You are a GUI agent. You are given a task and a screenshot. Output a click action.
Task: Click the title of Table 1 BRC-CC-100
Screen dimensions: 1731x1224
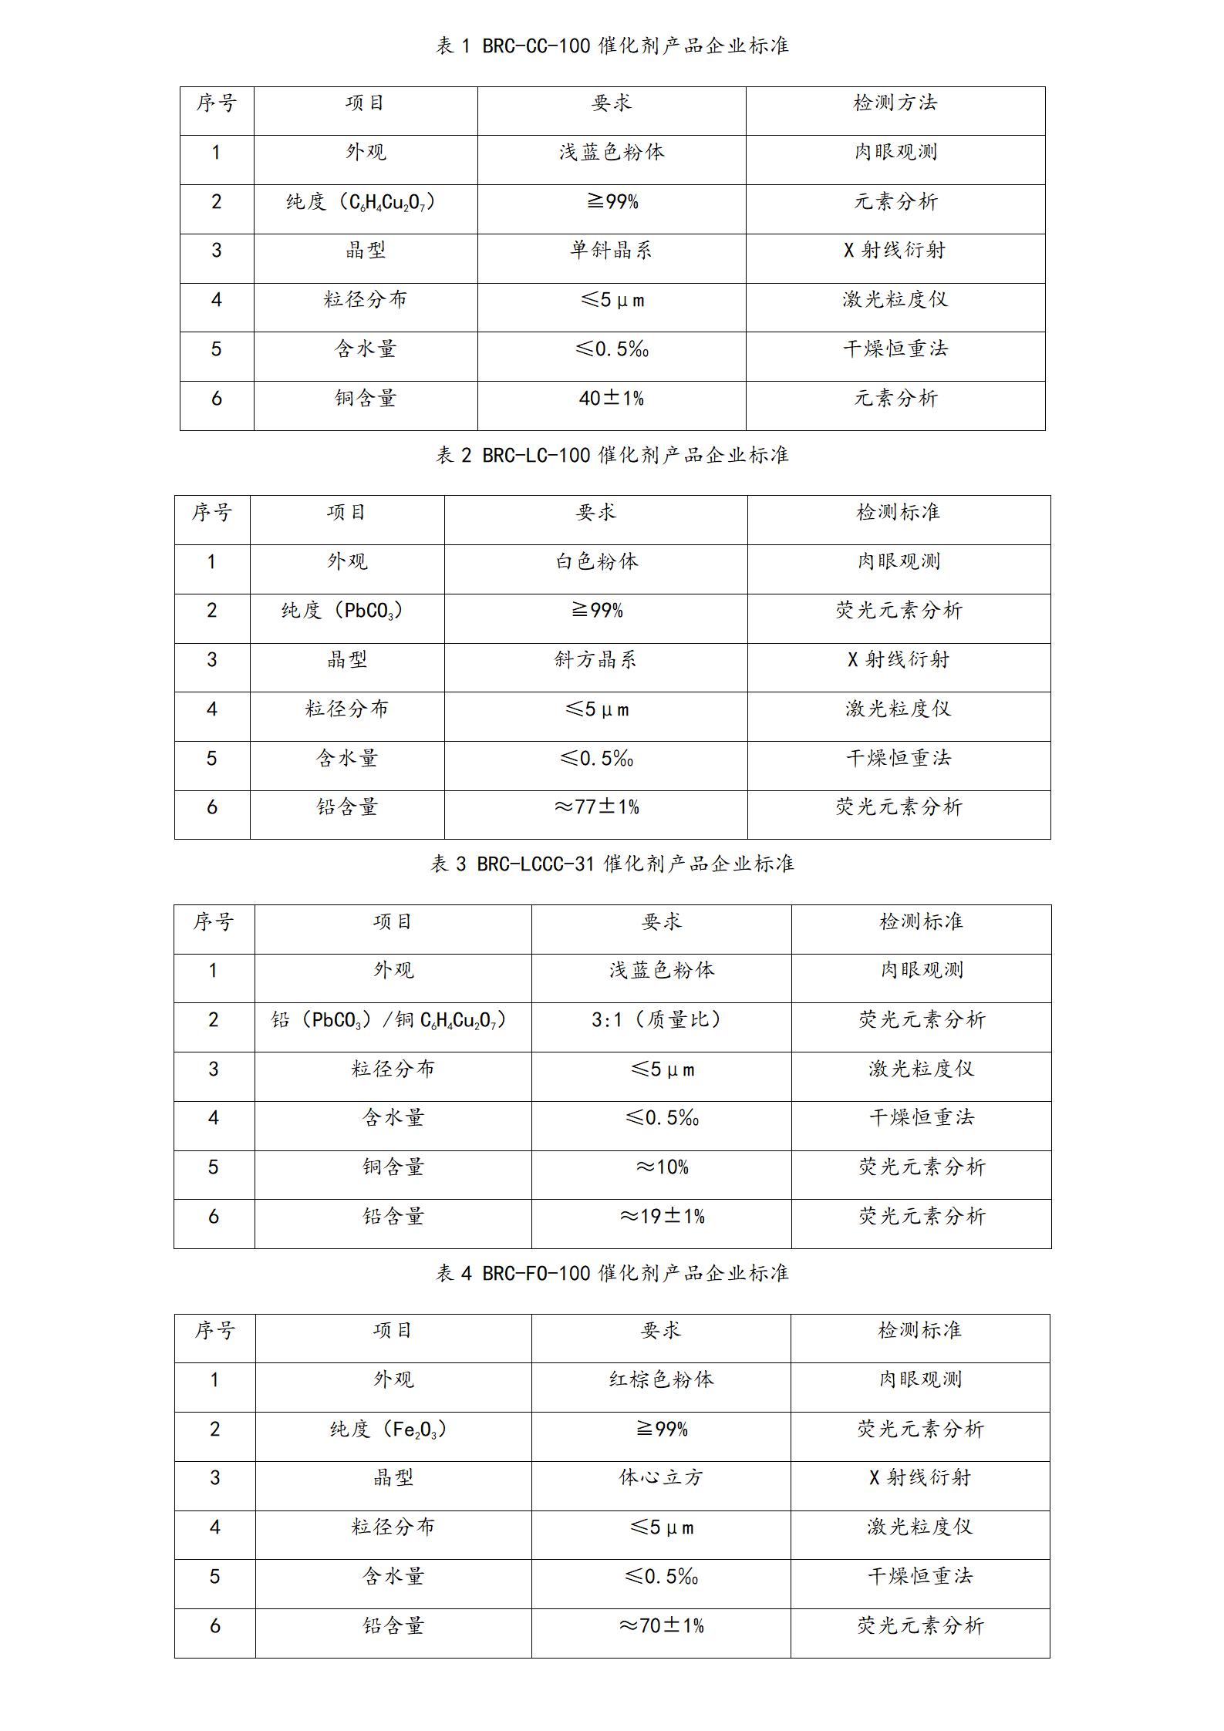pyautogui.click(x=612, y=46)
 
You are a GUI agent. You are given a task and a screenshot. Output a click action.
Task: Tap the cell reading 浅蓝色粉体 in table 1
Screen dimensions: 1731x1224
pyautogui.click(x=612, y=152)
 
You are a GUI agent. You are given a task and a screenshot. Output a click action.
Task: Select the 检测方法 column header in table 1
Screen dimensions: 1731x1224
pyautogui.click(x=895, y=103)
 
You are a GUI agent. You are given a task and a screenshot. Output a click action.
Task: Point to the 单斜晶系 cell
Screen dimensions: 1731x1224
pyautogui.click(x=612, y=251)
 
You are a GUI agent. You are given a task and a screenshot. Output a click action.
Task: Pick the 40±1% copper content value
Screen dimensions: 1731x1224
pyautogui.click(x=612, y=399)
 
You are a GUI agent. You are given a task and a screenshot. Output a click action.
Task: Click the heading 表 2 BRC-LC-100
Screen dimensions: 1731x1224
pyautogui.click(x=612, y=456)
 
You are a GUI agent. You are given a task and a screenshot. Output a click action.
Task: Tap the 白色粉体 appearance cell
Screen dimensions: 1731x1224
pyautogui.click(x=596, y=561)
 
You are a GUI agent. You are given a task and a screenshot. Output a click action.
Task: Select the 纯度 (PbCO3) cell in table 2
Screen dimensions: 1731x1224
pyautogui.click(x=342, y=611)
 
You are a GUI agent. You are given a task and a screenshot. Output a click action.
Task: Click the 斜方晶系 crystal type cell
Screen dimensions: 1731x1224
pyautogui.click(x=596, y=660)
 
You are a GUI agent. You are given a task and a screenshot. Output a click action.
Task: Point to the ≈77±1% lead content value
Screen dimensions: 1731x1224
pyautogui.click(x=596, y=807)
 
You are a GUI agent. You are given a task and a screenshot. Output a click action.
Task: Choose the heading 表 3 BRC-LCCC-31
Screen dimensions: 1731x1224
pyautogui.click(x=612, y=864)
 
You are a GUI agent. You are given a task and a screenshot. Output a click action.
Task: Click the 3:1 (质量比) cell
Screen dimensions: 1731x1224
pyautogui.click(x=661, y=1020)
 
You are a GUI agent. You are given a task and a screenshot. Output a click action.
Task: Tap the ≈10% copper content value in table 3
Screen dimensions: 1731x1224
pyautogui.click(x=661, y=1167)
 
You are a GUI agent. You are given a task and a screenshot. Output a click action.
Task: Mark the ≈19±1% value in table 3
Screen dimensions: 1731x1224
pyautogui.click(x=661, y=1217)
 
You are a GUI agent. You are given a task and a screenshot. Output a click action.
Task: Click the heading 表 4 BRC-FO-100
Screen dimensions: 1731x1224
pyautogui.click(x=612, y=1273)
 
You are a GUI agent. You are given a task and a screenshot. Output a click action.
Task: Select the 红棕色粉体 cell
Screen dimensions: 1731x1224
pyautogui.click(x=661, y=1379)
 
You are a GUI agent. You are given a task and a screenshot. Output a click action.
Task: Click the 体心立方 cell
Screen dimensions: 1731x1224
pyautogui.click(x=661, y=1478)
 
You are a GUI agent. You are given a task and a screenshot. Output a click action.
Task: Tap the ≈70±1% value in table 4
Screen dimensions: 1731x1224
pyautogui.click(x=661, y=1626)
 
